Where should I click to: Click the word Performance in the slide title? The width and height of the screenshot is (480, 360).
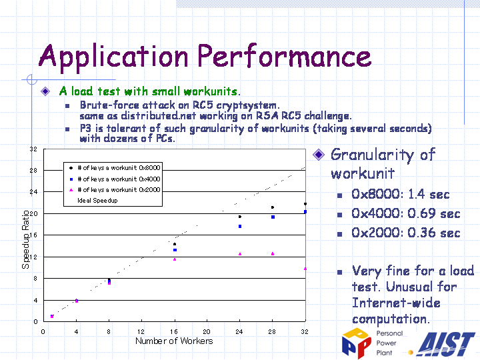click(285, 56)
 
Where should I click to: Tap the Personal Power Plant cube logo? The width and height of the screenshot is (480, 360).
click(357, 343)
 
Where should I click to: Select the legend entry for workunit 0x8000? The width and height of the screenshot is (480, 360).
click(115, 168)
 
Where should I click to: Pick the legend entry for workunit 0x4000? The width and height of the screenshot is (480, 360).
click(115, 179)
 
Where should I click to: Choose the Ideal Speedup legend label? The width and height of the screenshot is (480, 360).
click(97, 201)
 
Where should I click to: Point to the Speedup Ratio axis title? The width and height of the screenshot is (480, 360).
click(26, 239)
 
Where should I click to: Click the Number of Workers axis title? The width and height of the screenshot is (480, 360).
click(174, 341)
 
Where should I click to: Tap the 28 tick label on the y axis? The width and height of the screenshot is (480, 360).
click(33, 170)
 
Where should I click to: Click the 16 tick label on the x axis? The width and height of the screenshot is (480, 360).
click(174, 331)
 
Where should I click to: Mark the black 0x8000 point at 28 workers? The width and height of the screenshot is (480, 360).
click(273, 207)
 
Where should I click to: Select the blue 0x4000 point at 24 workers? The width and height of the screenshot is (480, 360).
click(240, 227)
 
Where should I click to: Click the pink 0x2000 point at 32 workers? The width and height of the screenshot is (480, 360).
click(305, 269)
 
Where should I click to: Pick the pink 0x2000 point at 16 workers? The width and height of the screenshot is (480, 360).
click(175, 259)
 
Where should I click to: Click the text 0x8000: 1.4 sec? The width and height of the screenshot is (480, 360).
click(401, 195)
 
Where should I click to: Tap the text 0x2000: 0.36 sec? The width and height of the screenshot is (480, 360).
click(405, 233)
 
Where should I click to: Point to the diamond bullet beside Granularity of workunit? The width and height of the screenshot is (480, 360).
click(319, 155)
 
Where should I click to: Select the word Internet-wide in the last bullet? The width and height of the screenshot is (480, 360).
click(396, 303)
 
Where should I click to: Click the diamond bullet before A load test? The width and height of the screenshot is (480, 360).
click(45, 91)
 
